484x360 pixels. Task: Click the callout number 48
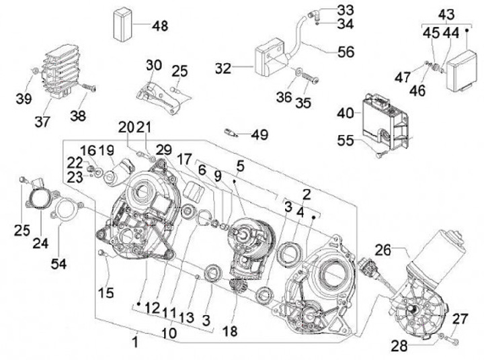(x=160, y=26)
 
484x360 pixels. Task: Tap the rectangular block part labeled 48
(x=123, y=24)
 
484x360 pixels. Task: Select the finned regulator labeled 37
(x=61, y=71)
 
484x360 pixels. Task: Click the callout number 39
(x=24, y=99)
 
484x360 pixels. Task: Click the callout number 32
(x=223, y=69)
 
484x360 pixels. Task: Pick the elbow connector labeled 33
(x=314, y=13)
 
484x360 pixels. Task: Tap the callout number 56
(x=346, y=52)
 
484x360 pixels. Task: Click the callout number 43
(x=446, y=15)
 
